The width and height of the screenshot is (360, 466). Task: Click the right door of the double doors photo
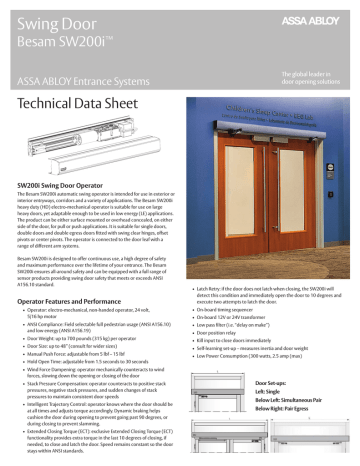coord(297,208)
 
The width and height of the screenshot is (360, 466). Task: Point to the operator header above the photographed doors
coord(270,142)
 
